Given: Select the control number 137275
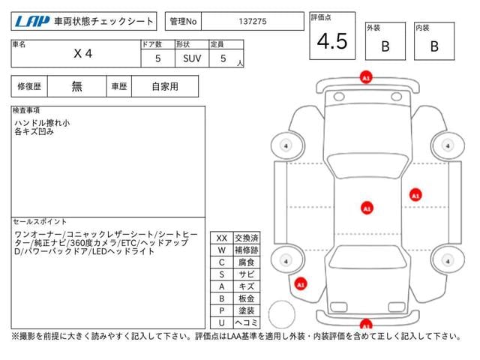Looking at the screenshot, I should coord(251,22).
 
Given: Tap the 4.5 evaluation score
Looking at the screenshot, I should coord(331,41).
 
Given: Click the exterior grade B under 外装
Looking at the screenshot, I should coord(385,46).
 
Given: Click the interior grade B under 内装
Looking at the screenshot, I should coord(433,46).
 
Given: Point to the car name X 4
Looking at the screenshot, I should coord(82,54).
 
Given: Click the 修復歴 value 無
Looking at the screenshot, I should coord(77,86).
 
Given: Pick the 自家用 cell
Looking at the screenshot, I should coord(164,86).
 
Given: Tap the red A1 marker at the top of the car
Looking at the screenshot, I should coord(365,77).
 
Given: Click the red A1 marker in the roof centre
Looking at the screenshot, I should coord(366,207).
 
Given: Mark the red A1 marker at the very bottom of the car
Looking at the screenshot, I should coord(365,325).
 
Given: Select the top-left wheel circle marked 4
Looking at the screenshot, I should coord(286,145).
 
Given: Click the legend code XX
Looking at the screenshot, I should coord(221,238).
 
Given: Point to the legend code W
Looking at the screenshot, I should coord(221,250).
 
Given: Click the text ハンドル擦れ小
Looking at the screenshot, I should coord(42,122).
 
